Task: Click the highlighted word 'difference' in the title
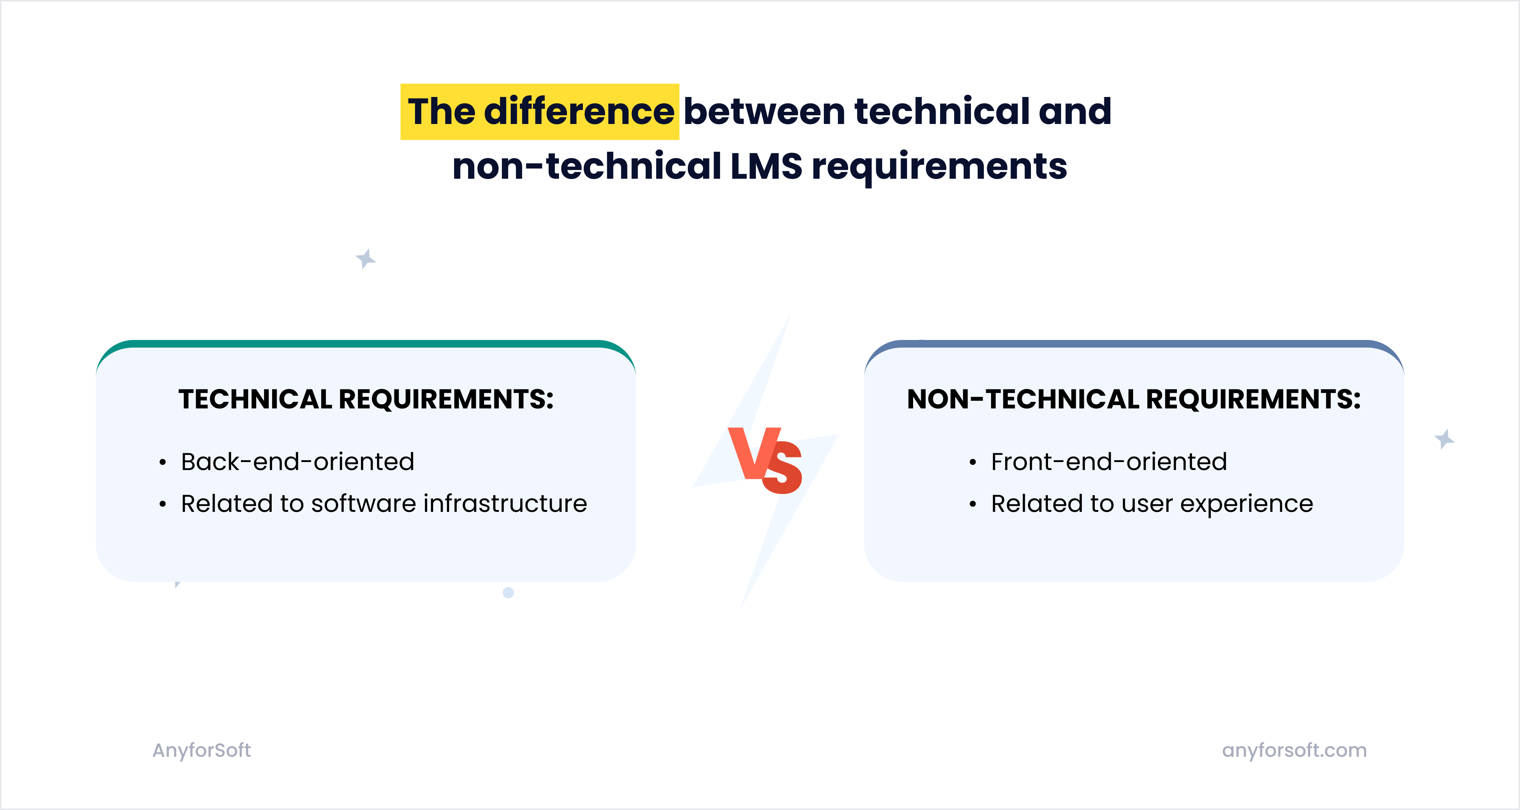pos(579,111)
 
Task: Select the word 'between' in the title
pos(765,111)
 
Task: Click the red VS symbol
pos(765,461)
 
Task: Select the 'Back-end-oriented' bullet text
pos(298,462)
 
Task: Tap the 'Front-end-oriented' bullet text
pos(1109,462)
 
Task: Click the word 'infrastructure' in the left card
pos(505,503)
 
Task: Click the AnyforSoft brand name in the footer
pos(202,750)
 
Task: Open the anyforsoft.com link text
pos(1294,750)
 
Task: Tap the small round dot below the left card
pos(508,592)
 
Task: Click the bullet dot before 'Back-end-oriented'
pos(162,462)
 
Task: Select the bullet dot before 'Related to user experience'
pos(972,504)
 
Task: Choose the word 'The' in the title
pos(441,111)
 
